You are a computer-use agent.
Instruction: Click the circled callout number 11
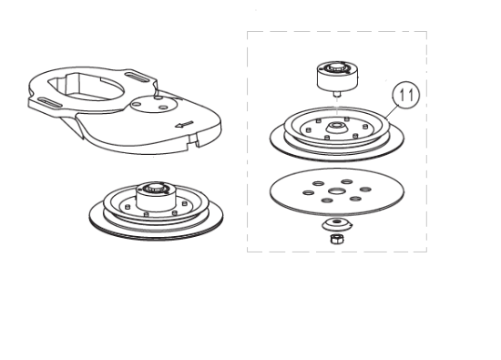pyautogui.click(x=405, y=95)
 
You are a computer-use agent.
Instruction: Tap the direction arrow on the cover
pyautogui.click(x=184, y=124)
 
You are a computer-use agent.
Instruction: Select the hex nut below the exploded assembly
pyautogui.click(x=337, y=239)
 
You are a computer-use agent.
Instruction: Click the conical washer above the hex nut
pyautogui.click(x=337, y=225)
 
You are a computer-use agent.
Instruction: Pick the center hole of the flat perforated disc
pyautogui.click(x=336, y=191)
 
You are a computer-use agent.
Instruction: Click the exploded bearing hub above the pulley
pyautogui.click(x=337, y=76)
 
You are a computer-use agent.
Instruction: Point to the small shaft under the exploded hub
pyautogui.click(x=337, y=94)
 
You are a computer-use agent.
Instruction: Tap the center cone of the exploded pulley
pyautogui.click(x=336, y=128)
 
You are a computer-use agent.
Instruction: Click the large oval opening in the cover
pyautogui.click(x=87, y=87)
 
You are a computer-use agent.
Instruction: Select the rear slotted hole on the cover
pyautogui.click(x=138, y=77)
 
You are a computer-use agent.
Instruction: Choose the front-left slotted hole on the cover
pyautogui.click(x=50, y=103)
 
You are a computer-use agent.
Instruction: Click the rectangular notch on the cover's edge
pyautogui.click(x=193, y=139)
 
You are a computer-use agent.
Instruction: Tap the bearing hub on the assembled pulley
pyautogui.click(x=156, y=196)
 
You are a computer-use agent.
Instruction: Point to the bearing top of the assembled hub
pyautogui.click(x=156, y=188)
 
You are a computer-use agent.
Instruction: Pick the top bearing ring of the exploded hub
pyautogui.click(x=337, y=67)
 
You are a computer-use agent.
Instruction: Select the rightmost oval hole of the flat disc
pyautogui.click(x=365, y=189)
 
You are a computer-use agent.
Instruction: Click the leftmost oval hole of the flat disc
pyautogui.click(x=308, y=192)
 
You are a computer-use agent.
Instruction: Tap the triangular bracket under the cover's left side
pyautogui.click(x=72, y=126)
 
